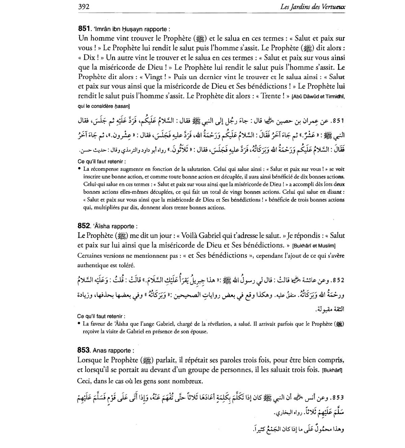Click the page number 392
(83, 6)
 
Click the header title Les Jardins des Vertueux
(313, 6)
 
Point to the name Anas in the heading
(99, 351)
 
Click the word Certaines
(90, 256)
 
